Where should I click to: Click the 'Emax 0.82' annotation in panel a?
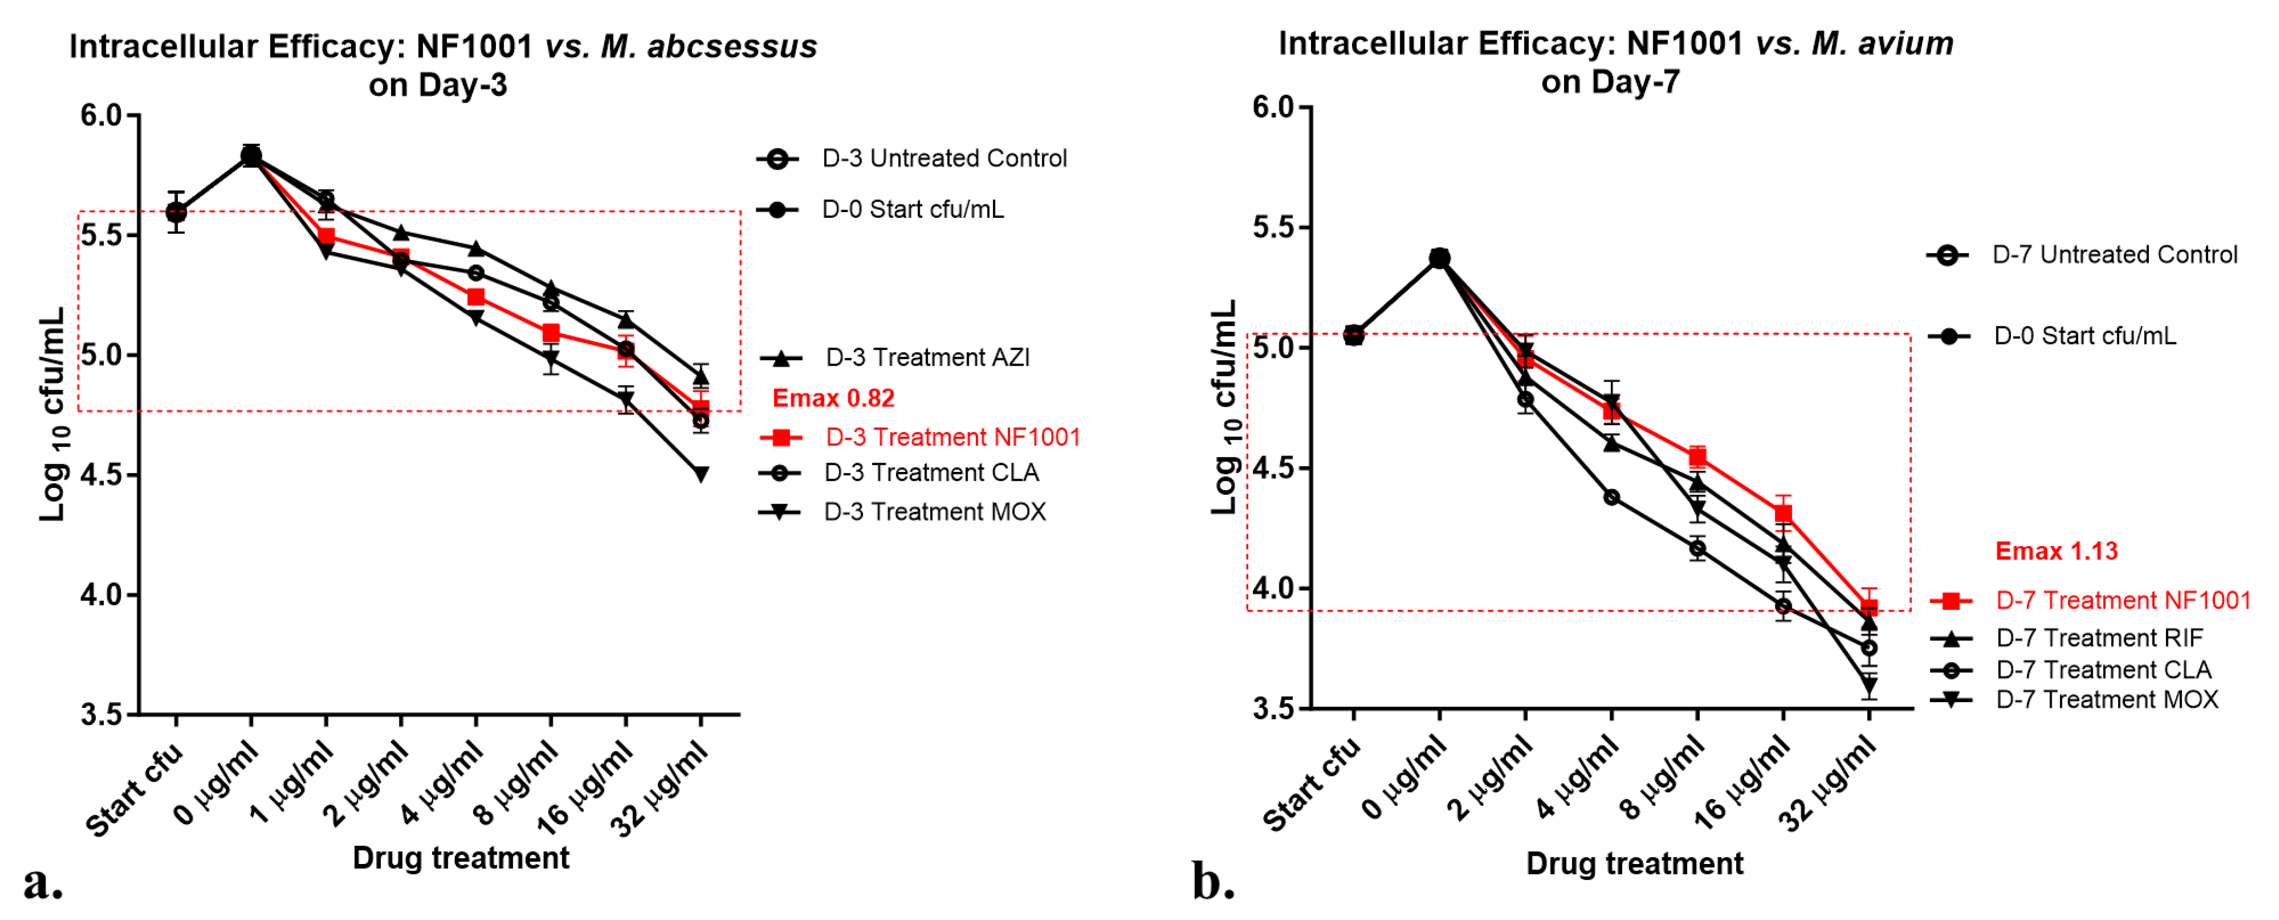(x=833, y=398)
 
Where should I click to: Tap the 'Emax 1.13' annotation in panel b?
(x=2056, y=551)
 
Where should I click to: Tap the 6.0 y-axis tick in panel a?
(x=101, y=115)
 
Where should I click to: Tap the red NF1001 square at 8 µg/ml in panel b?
(x=1697, y=457)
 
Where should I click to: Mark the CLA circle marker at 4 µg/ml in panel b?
(x=1611, y=497)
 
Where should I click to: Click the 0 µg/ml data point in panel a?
(x=251, y=157)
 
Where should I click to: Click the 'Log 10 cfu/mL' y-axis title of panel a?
(x=53, y=414)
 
